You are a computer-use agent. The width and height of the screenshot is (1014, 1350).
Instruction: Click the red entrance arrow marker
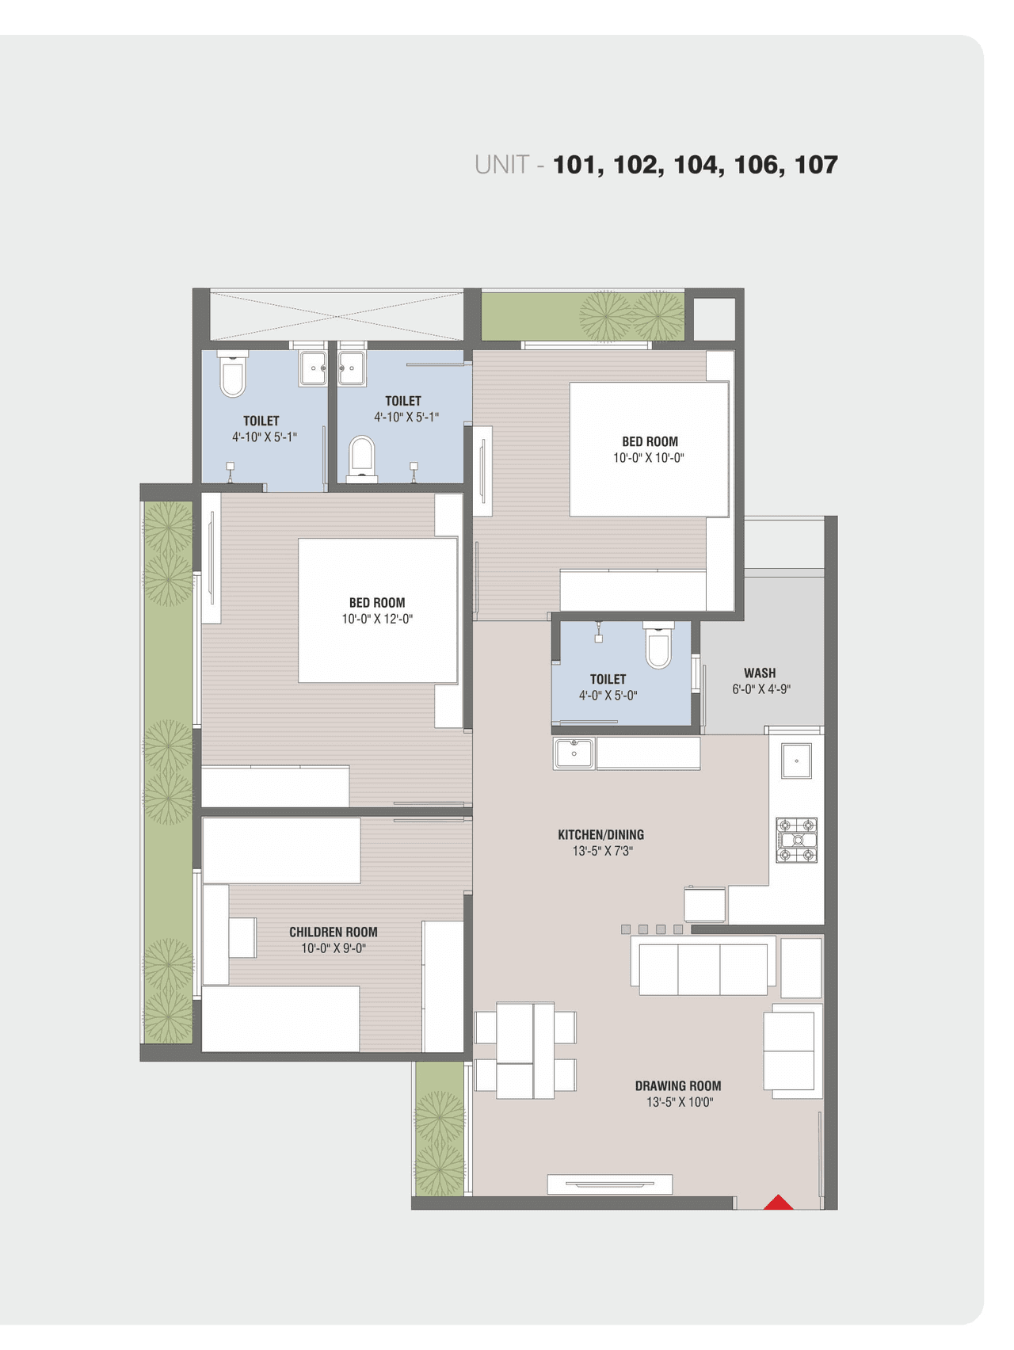[x=778, y=1203]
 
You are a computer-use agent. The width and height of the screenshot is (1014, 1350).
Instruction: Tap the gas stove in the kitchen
[x=796, y=840]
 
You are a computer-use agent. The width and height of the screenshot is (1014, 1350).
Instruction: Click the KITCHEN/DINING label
[x=600, y=834]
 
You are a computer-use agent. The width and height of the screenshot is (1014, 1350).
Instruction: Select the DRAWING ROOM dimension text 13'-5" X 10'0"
[x=679, y=1102]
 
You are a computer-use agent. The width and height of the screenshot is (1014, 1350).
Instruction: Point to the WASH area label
[x=760, y=673]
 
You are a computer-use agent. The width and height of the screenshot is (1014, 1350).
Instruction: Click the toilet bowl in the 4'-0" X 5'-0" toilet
[x=658, y=648]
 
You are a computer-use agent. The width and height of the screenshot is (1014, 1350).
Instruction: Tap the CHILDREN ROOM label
[x=333, y=932]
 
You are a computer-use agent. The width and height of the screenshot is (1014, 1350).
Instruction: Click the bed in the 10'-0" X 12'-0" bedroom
[x=377, y=610]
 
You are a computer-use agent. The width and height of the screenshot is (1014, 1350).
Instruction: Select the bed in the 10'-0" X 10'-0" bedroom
[x=648, y=449]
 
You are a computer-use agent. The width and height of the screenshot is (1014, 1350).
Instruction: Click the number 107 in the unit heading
[x=816, y=165]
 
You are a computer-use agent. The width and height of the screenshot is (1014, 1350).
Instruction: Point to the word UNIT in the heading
[x=501, y=165]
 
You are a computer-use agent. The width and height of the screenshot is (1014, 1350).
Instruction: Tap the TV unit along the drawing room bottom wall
[x=610, y=1184]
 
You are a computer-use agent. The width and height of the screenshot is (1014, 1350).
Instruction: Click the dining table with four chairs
[x=524, y=1051]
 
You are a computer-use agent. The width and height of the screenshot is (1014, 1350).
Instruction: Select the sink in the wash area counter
[x=796, y=761]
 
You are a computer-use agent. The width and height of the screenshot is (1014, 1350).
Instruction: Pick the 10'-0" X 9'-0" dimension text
[x=333, y=948]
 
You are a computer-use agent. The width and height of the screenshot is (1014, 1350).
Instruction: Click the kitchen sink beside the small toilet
[x=574, y=753]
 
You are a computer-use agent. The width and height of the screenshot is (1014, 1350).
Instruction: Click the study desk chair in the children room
[x=242, y=937]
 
